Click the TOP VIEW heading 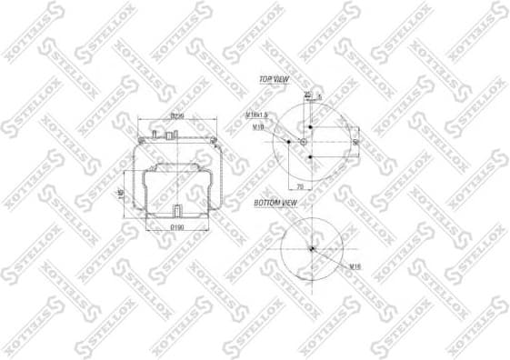(x=273, y=80)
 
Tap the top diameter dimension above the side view (x=177, y=116)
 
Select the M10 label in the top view (x=258, y=128)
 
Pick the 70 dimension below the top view (x=300, y=186)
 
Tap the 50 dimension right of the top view (x=355, y=142)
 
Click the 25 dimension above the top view (x=307, y=95)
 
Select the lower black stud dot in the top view (x=309, y=158)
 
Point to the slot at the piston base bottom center (x=173, y=213)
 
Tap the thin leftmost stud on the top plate (x=156, y=135)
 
